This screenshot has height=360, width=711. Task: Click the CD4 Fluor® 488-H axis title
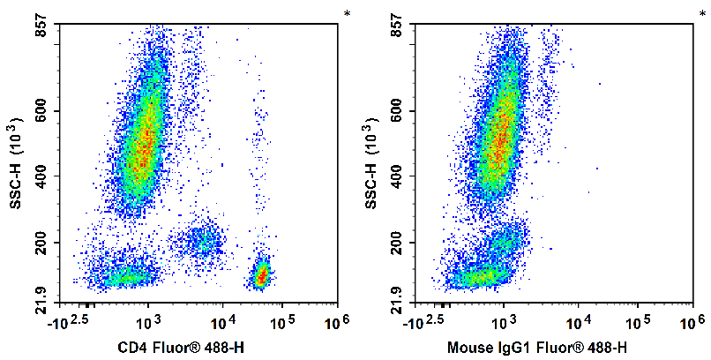(181, 348)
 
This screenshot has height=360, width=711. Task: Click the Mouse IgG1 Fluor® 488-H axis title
(537, 348)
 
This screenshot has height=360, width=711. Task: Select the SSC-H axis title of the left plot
(16, 166)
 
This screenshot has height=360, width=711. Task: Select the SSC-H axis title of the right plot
(371, 166)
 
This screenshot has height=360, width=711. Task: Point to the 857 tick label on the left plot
(39, 30)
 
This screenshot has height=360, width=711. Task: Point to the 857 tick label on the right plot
(394, 30)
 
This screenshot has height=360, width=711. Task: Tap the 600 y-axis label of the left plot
(39, 111)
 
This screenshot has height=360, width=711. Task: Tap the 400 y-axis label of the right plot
(394, 176)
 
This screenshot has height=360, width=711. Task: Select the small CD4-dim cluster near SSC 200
(198, 240)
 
